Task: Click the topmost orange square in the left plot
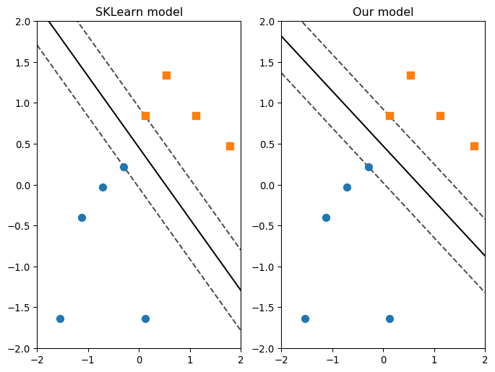pyautogui.click(x=166, y=75)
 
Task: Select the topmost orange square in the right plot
pyautogui.click(x=410, y=75)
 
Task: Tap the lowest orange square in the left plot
pyautogui.click(x=230, y=146)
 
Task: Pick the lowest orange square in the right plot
pyautogui.click(x=474, y=146)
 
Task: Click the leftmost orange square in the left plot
pyautogui.click(x=145, y=116)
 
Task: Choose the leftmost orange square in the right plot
pyautogui.click(x=389, y=116)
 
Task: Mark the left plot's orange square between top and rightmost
pyautogui.click(x=196, y=116)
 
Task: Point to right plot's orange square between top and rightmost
pyautogui.click(x=440, y=116)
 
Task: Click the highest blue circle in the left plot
pyautogui.click(x=124, y=167)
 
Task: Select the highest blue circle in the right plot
pyautogui.click(x=369, y=167)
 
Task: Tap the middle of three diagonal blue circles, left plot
pyautogui.click(x=103, y=187)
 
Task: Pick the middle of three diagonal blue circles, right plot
pyautogui.click(x=347, y=187)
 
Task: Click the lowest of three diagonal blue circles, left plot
pyautogui.click(x=82, y=217)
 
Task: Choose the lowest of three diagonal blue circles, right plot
pyautogui.click(x=326, y=217)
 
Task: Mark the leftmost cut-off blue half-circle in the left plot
pyautogui.click(x=60, y=319)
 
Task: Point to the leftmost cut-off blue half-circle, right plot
pyautogui.click(x=305, y=319)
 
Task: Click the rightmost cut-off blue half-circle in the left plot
pyautogui.click(x=145, y=319)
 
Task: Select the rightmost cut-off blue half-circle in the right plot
pyautogui.click(x=389, y=319)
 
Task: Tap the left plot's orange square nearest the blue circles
pyautogui.click(x=145, y=116)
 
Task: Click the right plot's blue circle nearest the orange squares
pyautogui.click(x=369, y=167)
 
